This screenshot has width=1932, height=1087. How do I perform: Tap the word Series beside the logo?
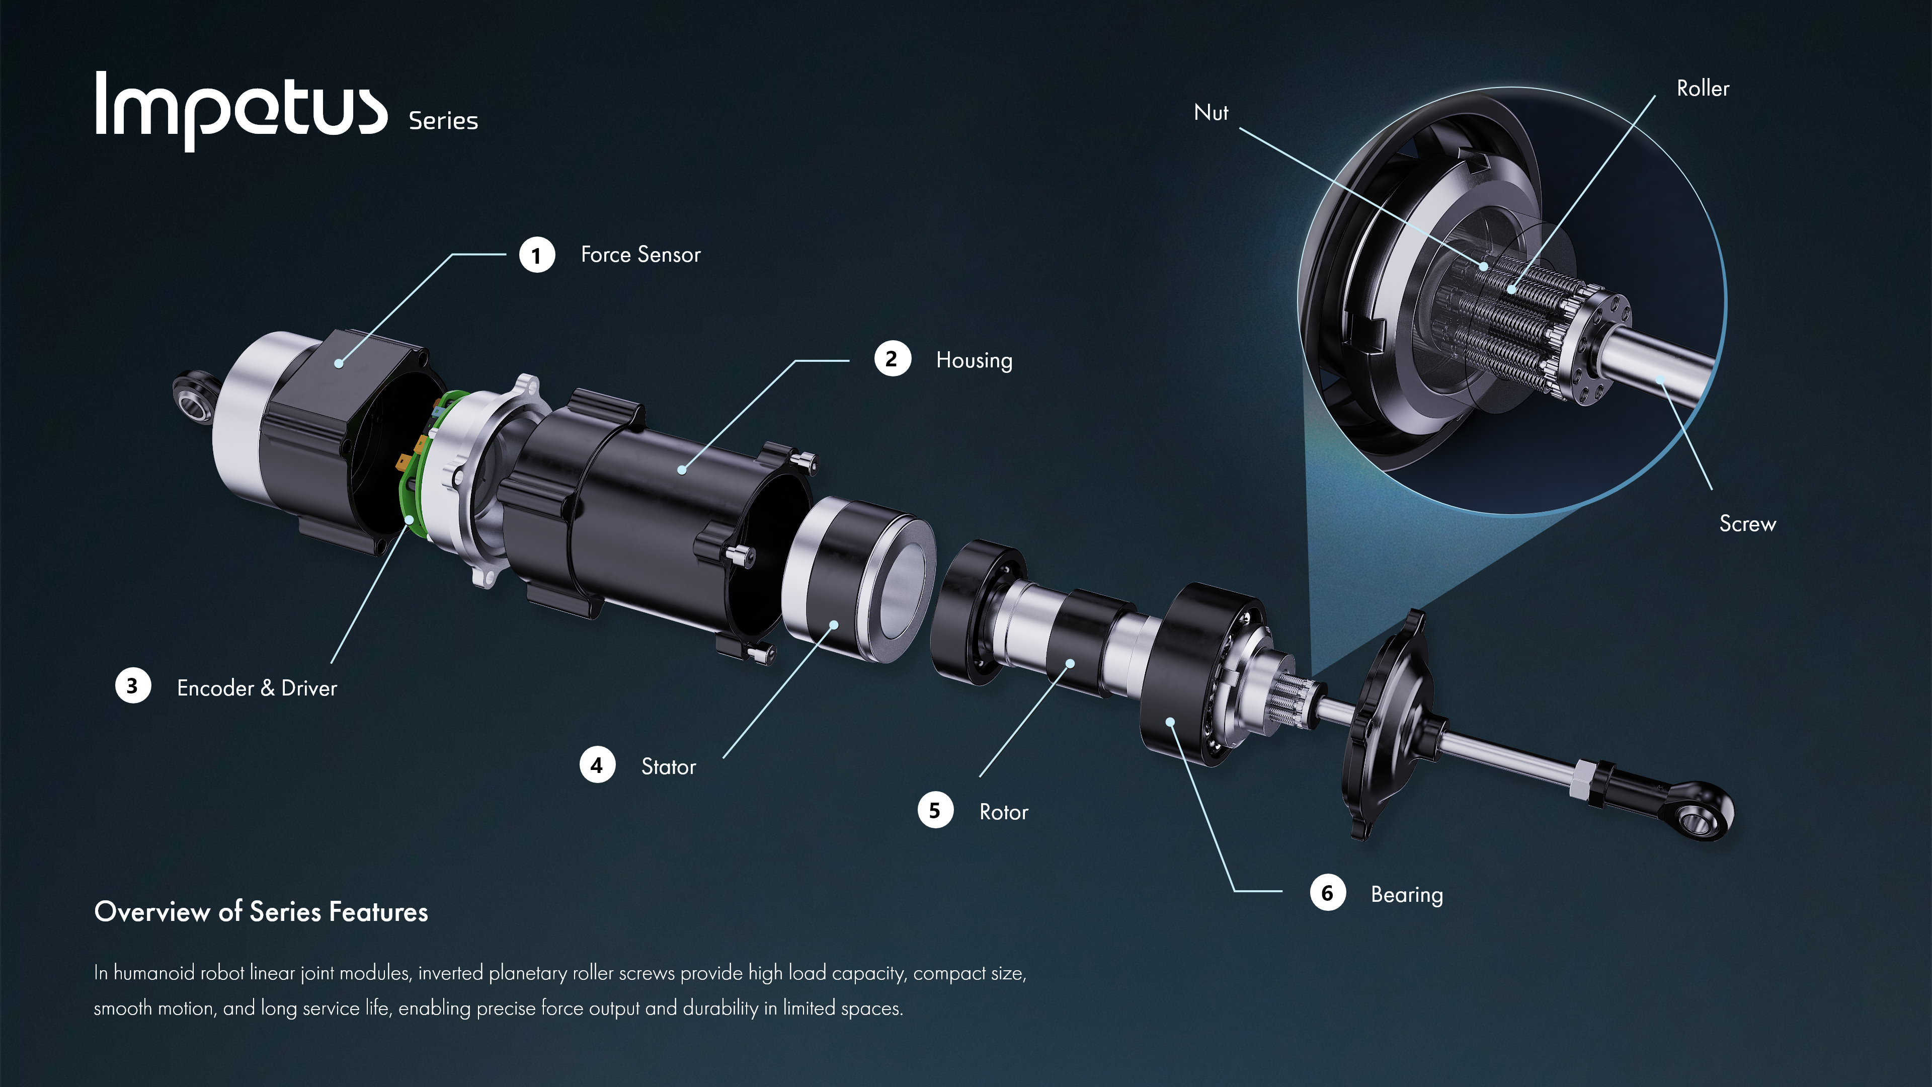[443, 121]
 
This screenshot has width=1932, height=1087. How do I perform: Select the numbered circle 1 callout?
[536, 255]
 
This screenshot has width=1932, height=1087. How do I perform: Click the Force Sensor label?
[640, 254]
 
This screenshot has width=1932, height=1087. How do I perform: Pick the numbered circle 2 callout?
[892, 359]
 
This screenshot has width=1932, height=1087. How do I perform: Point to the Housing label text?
[974, 361]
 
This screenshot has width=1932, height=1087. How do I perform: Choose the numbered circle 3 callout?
[133, 685]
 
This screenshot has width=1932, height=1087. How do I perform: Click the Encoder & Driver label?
[257, 688]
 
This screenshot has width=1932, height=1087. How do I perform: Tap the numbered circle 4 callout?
[597, 765]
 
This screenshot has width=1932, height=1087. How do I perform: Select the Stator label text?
[668, 766]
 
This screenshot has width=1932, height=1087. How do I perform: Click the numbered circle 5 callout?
[935, 810]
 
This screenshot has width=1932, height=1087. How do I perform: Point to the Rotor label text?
[1004, 812]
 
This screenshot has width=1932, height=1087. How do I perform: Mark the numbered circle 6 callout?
[1328, 893]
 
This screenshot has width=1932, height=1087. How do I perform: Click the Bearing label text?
[1406, 895]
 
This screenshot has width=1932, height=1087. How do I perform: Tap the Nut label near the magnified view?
[1211, 113]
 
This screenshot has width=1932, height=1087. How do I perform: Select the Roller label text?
[1703, 89]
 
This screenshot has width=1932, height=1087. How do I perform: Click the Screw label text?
[1747, 523]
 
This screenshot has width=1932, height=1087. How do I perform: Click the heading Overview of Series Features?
[261, 911]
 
